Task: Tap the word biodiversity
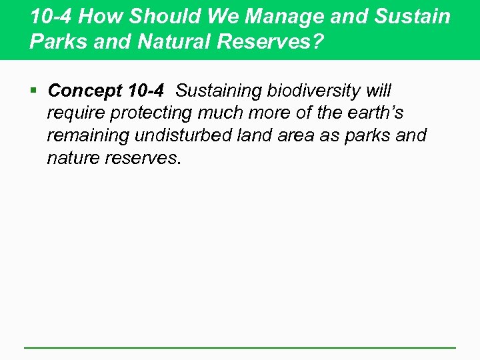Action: click(315, 90)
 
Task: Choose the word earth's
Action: click(375, 113)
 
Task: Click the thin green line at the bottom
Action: click(240, 347)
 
